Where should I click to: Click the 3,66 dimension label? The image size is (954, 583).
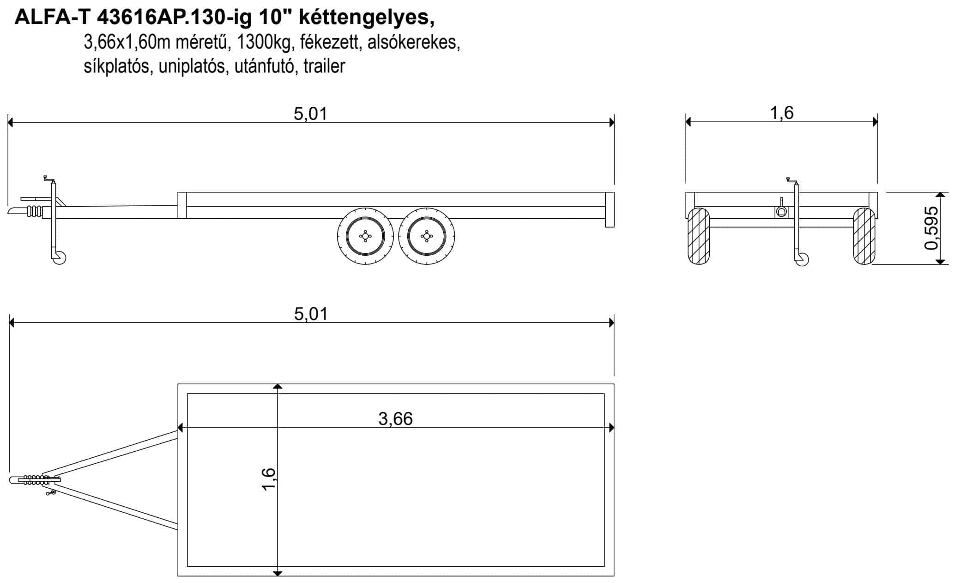pos(395,419)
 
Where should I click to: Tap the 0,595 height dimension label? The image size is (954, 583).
pos(932,228)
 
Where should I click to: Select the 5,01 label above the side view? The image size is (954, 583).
pos(310,114)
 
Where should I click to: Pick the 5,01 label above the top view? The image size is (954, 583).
pos(311,314)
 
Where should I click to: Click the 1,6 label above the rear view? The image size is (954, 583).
pos(782,113)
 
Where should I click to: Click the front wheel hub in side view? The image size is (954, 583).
pos(365,236)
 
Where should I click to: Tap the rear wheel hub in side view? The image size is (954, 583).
pos(426,236)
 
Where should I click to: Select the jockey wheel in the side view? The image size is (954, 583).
pos(60,258)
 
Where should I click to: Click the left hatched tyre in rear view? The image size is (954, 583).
pos(698,236)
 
